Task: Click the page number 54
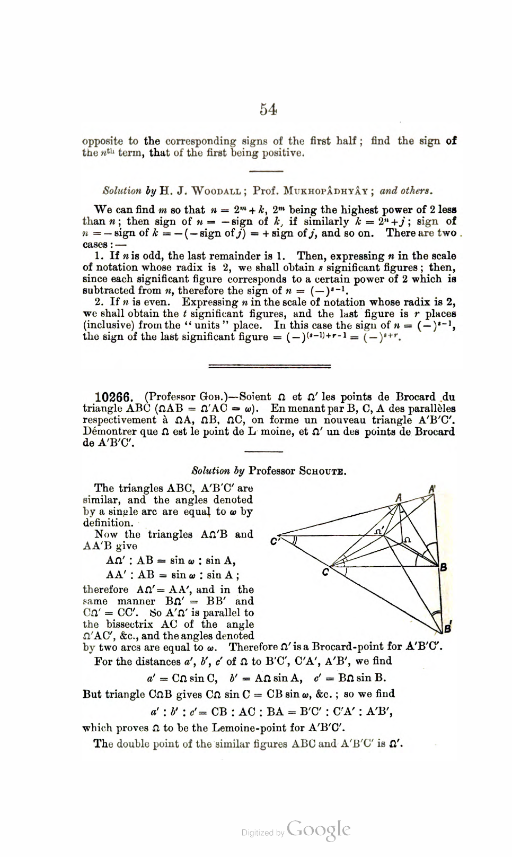(x=268, y=109)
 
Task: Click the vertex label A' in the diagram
(x=432, y=489)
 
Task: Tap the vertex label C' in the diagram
(x=274, y=542)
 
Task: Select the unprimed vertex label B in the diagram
(x=444, y=567)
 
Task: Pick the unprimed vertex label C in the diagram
(x=325, y=572)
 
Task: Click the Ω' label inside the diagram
(x=378, y=530)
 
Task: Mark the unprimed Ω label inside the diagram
(x=407, y=539)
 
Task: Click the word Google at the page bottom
(x=318, y=829)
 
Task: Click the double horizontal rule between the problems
(x=270, y=366)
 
